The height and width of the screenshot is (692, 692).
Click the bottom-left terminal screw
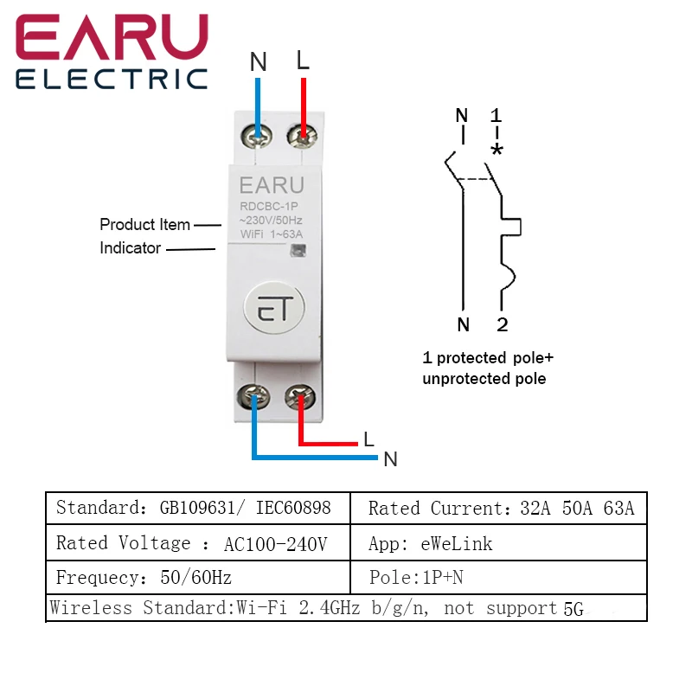(256, 397)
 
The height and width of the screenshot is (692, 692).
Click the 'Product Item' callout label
(144, 225)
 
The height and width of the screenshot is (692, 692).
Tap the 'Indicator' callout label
(130, 248)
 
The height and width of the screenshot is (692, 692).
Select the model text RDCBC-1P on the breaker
(270, 206)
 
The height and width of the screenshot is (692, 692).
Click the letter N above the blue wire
(258, 62)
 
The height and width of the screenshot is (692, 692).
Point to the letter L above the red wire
(302, 61)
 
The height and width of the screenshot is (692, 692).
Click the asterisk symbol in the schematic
(497, 150)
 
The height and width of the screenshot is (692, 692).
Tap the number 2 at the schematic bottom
(502, 325)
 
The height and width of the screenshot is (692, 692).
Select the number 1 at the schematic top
(496, 115)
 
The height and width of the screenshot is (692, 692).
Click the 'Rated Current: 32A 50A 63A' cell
(500, 509)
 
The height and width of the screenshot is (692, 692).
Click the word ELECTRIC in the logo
(112, 80)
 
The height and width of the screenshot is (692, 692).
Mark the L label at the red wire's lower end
(368, 439)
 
